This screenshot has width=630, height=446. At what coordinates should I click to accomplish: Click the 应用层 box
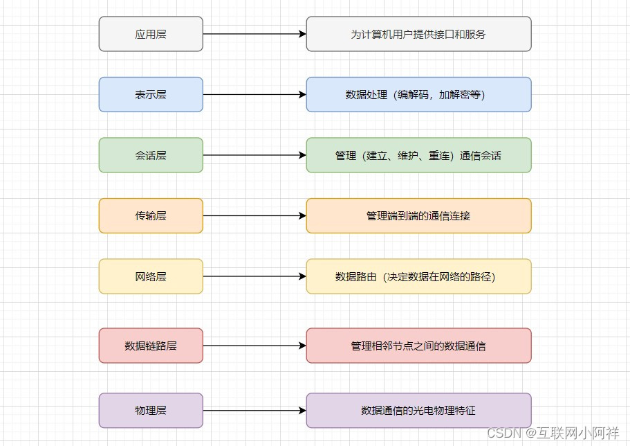151,34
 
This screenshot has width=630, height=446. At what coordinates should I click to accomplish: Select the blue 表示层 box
151,94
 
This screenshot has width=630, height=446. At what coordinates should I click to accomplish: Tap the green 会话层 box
151,155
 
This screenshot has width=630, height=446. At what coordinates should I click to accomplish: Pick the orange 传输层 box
151,215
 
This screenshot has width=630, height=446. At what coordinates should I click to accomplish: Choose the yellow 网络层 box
151,276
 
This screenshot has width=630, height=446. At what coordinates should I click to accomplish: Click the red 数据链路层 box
151,345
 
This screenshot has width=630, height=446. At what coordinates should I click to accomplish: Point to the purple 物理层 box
151,410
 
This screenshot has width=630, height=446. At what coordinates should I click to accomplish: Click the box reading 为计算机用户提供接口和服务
418,34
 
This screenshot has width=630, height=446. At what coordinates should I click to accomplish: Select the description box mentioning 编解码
418,94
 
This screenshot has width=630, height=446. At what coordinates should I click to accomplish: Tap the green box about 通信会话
418,155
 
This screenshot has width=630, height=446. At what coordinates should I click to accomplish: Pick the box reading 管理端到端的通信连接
418,215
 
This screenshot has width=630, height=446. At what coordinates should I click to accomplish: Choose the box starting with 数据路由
418,276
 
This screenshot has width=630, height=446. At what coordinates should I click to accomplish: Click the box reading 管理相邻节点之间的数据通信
418,345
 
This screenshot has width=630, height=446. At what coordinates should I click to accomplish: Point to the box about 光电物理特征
418,410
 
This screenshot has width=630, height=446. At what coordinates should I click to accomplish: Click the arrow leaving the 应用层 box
252,34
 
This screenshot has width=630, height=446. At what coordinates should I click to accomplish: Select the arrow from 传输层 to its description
252,215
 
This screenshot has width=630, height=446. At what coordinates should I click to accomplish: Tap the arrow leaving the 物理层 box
252,410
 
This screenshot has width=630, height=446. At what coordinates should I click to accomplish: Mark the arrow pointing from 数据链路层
252,345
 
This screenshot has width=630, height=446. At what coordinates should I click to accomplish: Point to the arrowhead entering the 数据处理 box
302,94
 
